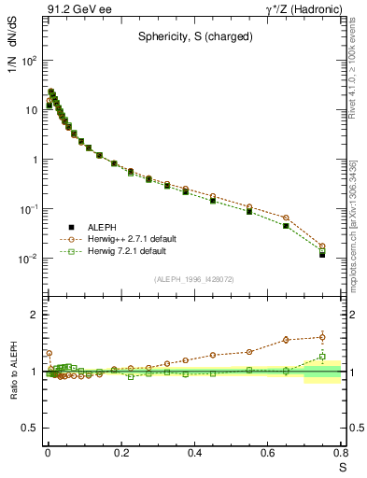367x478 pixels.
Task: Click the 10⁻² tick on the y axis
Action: (x=28, y=259)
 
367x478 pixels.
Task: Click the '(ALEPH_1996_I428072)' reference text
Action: (x=193, y=278)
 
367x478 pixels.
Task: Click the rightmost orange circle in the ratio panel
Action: (x=322, y=337)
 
